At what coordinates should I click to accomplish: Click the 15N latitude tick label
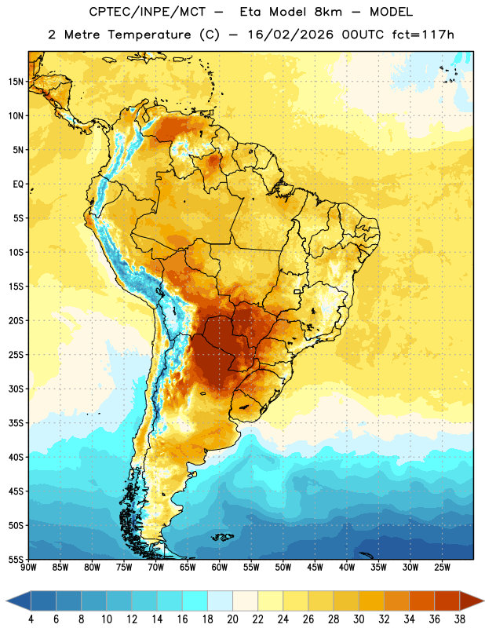click(x=16, y=82)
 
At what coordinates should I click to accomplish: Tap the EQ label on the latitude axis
click(x=18, y=184)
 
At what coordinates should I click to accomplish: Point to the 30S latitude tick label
click(x=16, y=389)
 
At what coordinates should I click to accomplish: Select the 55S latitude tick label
click(x=16, y=560)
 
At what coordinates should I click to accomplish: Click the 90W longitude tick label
click(x=28, y=568)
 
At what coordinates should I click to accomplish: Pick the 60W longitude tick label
click(x=220, y=568)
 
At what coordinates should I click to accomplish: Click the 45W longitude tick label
click(x=315, y=568)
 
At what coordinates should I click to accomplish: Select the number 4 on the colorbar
click(x=31, y=619)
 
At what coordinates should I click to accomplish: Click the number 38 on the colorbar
click(x=460, y=619)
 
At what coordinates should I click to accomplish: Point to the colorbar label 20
click(x=232, y=619)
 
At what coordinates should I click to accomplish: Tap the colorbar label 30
click(x=359, y=619)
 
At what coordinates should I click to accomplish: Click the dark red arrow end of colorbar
click(x=471, y=601)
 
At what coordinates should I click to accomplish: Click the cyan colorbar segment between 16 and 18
click(x=195, y=601)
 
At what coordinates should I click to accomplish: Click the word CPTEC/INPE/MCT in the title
click(x=147, y=12)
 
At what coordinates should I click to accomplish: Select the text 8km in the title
click(x=328, y=12)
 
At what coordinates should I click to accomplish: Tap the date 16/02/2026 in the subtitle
click(x=290, y=35)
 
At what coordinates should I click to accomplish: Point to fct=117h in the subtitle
click(x=423, y=35)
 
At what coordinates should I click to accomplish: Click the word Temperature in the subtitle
click(x=150, y=35)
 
